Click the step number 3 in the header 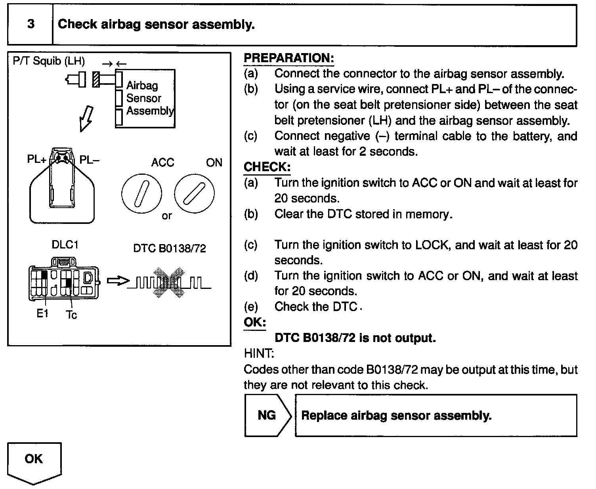31,24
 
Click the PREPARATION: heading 289,58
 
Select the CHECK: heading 267,167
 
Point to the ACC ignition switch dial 141,194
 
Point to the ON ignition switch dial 194,194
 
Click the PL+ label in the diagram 37,159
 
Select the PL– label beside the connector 90,159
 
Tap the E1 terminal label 42,313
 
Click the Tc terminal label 71,315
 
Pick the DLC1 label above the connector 65,244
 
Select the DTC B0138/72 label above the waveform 170,248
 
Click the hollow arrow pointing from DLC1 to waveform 118,281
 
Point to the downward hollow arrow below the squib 86,118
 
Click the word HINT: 259,353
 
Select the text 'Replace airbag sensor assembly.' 396,415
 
